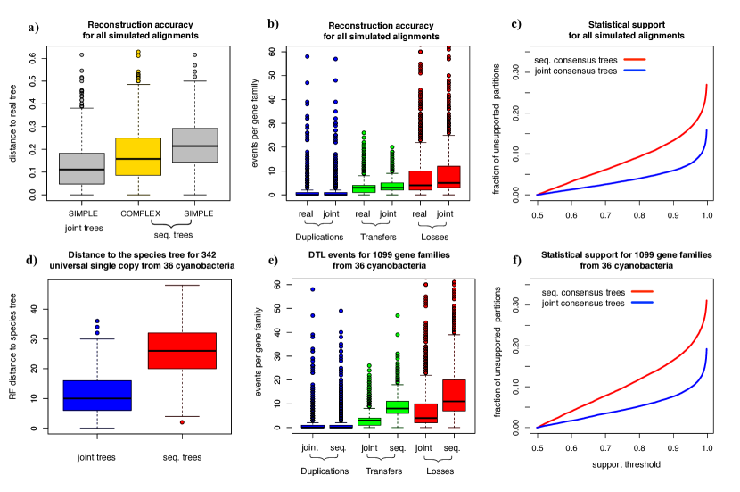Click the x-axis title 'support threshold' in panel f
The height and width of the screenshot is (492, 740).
point(621,464)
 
